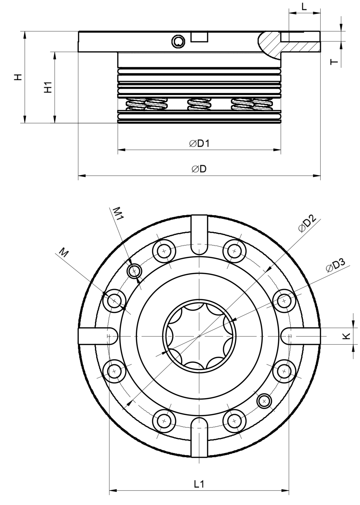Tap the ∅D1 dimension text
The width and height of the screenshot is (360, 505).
point(199,143)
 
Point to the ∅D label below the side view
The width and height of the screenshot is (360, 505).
point(199,169)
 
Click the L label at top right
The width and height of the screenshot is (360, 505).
point(304,7)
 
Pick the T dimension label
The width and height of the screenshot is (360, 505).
point(335,62)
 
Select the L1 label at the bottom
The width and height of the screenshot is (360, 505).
point(199,484)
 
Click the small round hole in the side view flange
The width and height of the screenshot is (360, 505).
point(178,42)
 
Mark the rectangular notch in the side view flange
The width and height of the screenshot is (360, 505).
point(199,37)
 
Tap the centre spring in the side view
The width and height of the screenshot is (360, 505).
point(199,104)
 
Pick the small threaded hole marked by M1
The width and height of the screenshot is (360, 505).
point(134,271)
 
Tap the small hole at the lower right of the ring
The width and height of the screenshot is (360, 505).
point(264,401)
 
